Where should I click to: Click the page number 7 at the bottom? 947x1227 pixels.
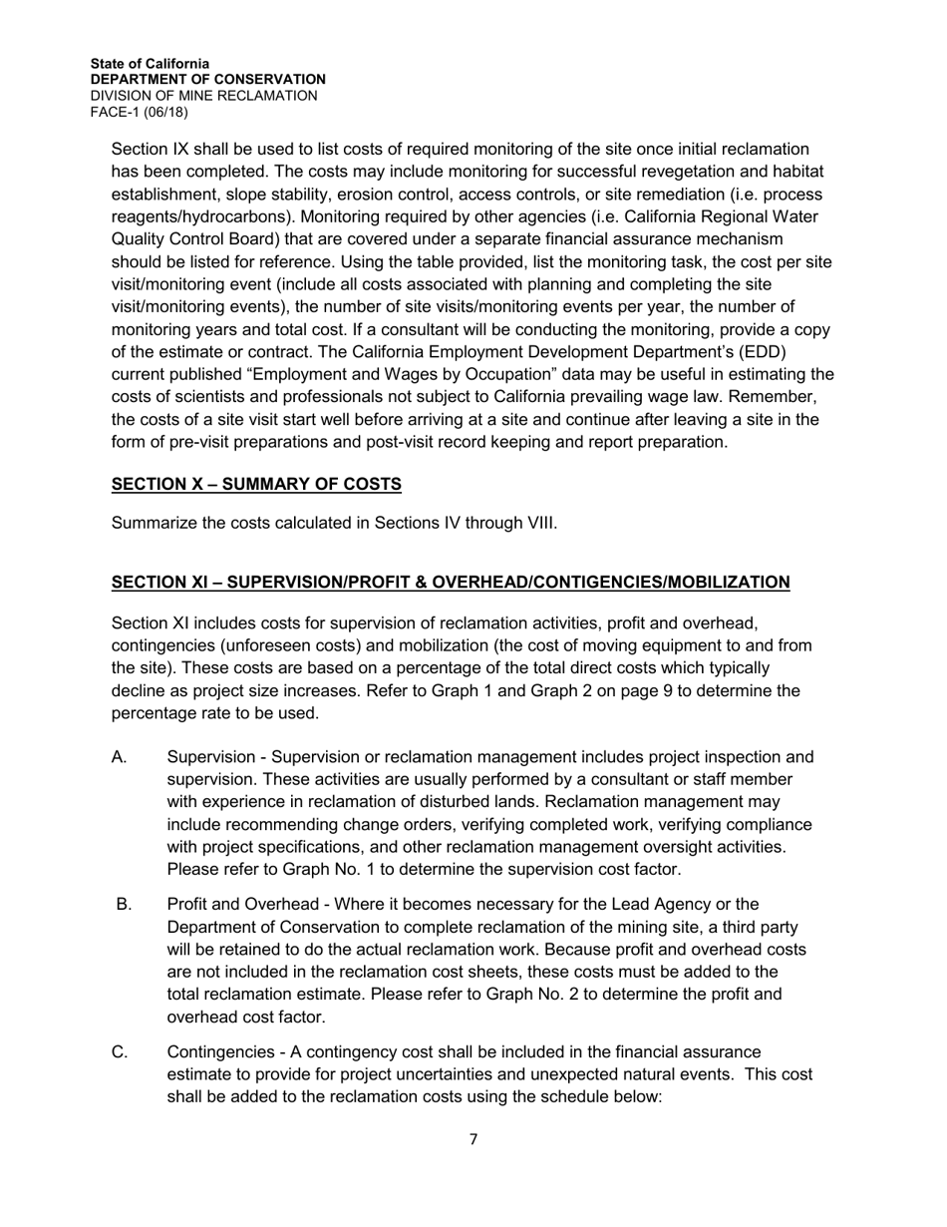473,1139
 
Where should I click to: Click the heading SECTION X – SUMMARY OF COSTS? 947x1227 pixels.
256,485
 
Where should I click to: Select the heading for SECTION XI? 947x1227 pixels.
451,582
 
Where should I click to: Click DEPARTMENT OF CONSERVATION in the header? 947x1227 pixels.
207,80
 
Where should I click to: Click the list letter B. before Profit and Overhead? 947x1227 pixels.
124,905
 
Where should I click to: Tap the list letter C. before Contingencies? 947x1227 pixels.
120,1052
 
